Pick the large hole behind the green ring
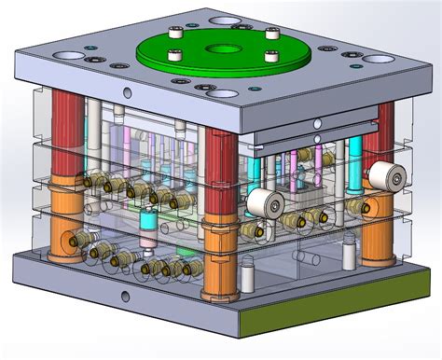(x=222, y=18)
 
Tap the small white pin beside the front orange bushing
(x=248, y=276)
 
